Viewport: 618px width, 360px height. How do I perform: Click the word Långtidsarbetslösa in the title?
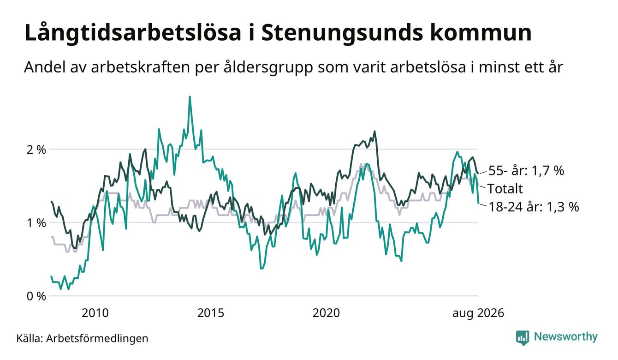point(133,33)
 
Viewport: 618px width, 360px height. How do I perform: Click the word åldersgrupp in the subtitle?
point(268,67)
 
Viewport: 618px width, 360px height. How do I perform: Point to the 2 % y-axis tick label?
point(36,150)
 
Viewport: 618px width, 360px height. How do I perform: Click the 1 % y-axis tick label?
point(36,223)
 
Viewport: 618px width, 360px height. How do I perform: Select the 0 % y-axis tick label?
point(36,296)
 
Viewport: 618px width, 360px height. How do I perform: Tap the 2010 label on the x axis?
point(95,313)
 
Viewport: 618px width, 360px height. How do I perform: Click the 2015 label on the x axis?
point(210,313)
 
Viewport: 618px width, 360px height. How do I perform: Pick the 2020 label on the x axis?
point(326,313)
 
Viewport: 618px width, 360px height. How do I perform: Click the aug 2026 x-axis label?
point(478,313)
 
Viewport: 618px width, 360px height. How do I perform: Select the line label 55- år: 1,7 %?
point(526,171)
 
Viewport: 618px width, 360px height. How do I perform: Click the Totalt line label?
point(505,189)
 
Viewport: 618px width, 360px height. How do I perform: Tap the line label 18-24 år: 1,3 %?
point(534,207)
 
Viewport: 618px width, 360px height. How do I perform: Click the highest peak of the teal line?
point(190,96)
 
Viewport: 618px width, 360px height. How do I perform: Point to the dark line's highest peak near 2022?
point(374,132)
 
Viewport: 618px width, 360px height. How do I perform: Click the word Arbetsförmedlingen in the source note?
point(97,338)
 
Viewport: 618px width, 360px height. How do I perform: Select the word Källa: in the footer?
point(30,338)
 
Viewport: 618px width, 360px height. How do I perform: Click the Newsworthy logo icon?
point(523,338)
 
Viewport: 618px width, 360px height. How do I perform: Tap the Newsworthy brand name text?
point(566,337)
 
